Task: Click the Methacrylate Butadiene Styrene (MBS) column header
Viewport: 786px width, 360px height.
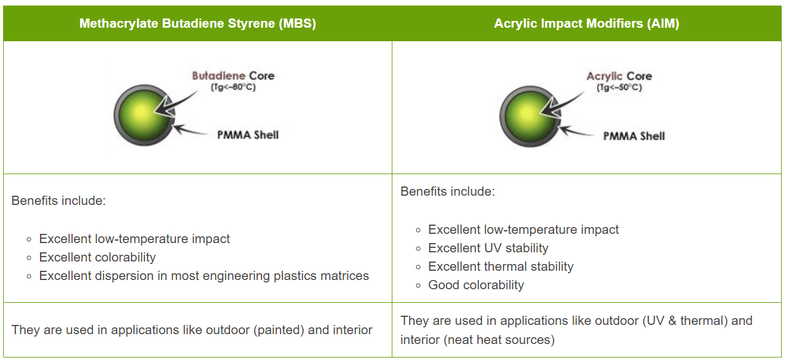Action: tap(197, 24)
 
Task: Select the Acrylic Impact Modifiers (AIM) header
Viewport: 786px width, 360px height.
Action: tap(586, 24)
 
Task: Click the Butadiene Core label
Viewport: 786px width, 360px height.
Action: tap(233, 76)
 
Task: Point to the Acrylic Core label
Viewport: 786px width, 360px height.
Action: tap(619, 76)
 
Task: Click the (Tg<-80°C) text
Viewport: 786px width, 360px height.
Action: tap(232, 87)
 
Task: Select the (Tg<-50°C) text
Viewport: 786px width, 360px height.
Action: tap(619, 87)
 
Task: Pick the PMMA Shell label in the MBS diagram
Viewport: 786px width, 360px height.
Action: tap(248, 135)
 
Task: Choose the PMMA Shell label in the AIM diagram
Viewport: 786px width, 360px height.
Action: tap(633, 136)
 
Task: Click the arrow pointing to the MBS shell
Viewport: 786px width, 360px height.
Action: tap(191, 130)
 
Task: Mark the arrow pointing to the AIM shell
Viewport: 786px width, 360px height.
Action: tap(576, 131)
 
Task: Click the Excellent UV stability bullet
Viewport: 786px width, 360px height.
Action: tap(488, 248)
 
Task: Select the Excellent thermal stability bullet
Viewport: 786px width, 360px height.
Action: tap(501, 266)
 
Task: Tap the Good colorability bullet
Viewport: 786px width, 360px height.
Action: tap(476, 285)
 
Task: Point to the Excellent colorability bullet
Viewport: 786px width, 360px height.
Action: tap(97, 257)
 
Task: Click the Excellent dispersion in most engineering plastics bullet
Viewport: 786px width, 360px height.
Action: tap(204, 276)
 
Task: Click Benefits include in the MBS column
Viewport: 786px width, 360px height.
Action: tap(58, 201)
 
